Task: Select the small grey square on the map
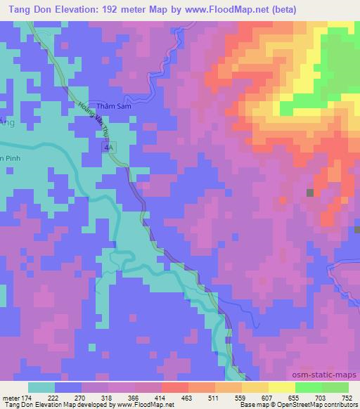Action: click(309, 192)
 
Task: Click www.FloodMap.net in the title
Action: click(219, 10)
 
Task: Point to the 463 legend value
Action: click(166, 396)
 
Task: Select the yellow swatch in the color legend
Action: click(283, 387)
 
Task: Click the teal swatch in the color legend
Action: click(42, 387)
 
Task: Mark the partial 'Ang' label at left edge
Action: click(6, 122)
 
